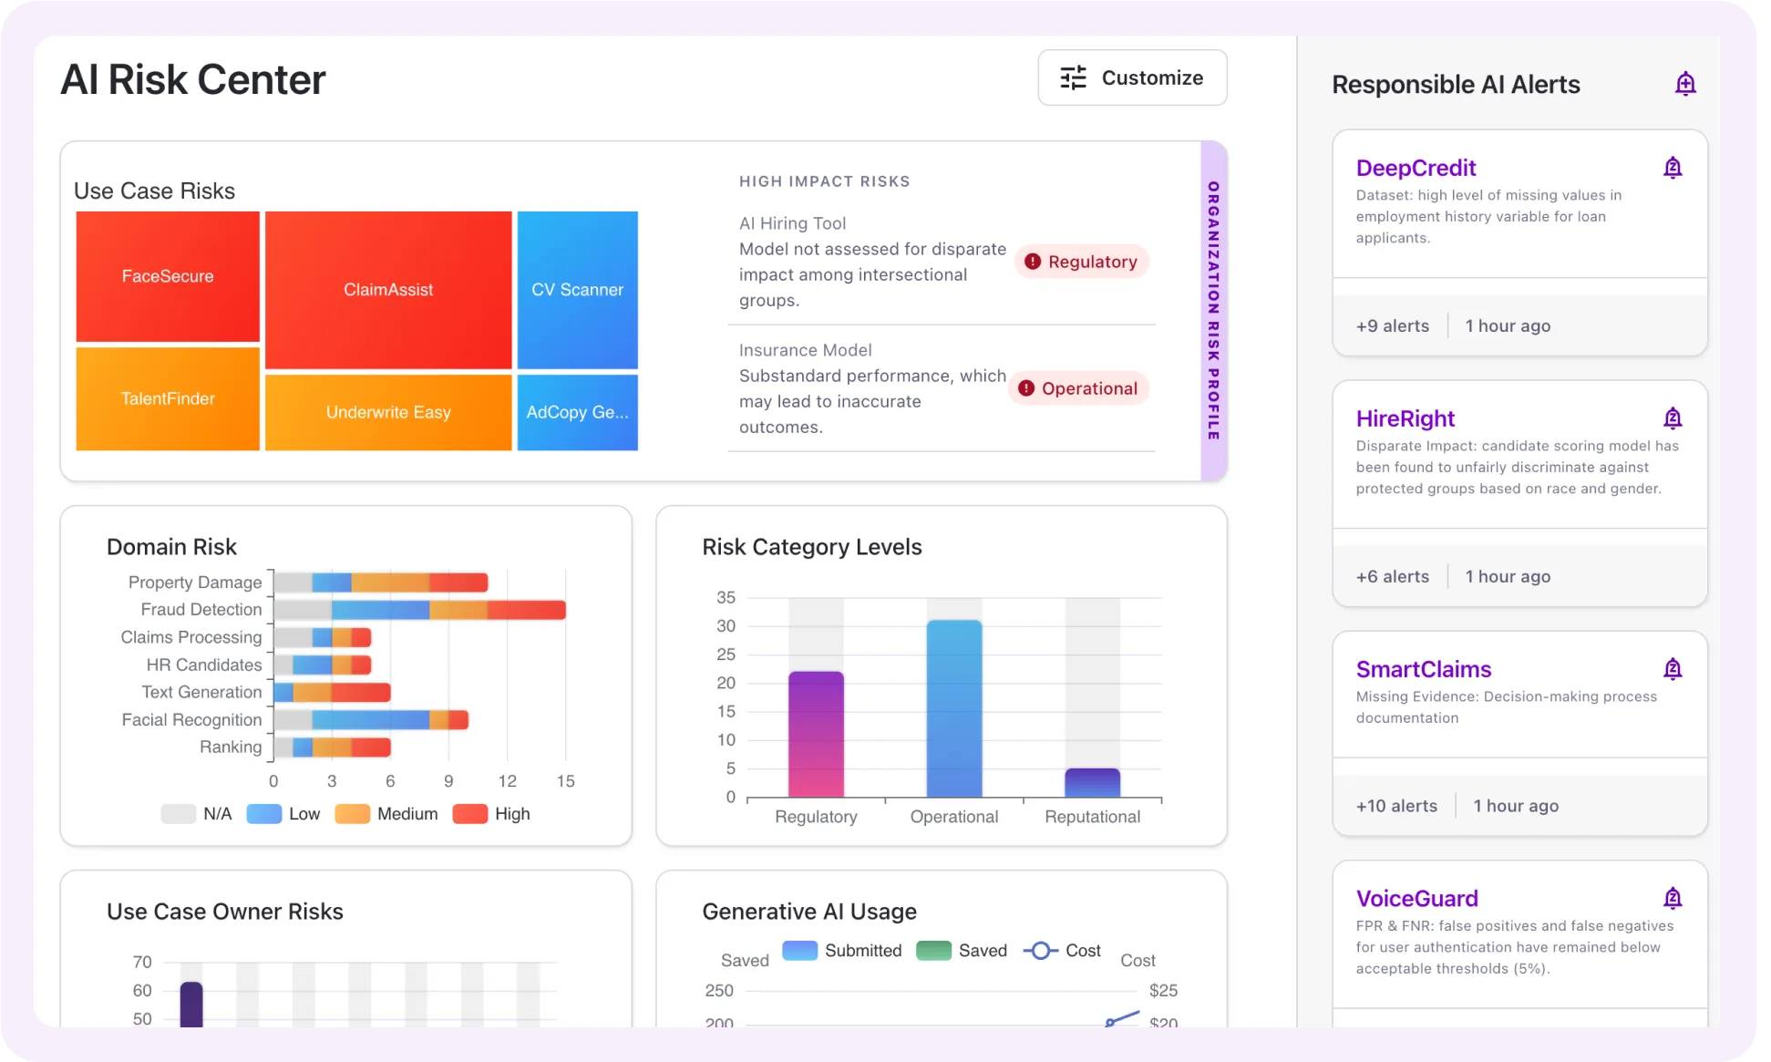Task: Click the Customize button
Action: tap(1132, 77)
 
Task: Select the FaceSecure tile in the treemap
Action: tap(168, 276)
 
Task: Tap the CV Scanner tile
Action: tap(577, 290)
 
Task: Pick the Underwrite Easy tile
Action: tap(388, 412)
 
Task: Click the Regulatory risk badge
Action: tap(1081, 262)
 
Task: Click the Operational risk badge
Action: tap(1078, 388)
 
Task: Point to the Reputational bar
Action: tap(1092, 782)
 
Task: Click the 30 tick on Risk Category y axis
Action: tap(726, 626)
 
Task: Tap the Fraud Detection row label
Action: tap(201, 609)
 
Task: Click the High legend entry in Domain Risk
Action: tap(492, 814)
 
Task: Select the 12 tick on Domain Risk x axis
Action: tap(507, 781)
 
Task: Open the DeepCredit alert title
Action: tap(1415, 168)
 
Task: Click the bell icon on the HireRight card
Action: tap(1672, 418)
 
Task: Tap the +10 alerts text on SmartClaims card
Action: tap(1395, 806)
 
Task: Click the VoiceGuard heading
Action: tap(1416, 898)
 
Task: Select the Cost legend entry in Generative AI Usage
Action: tap(1063, 951)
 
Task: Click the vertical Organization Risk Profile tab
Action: tap(1213, 311)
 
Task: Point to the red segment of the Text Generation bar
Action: tap(361, 693)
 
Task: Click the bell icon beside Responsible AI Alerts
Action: tap(1684, 84)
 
